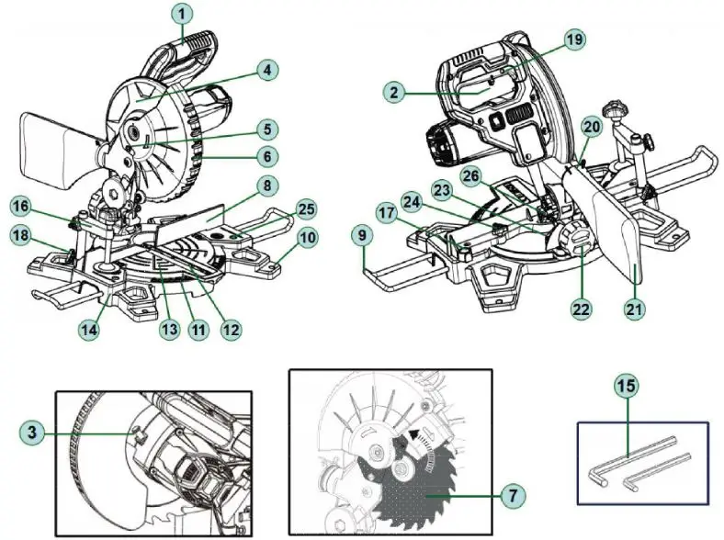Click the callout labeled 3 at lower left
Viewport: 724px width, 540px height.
coord(33,430)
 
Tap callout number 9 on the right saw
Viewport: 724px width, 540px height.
coord(366,236)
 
